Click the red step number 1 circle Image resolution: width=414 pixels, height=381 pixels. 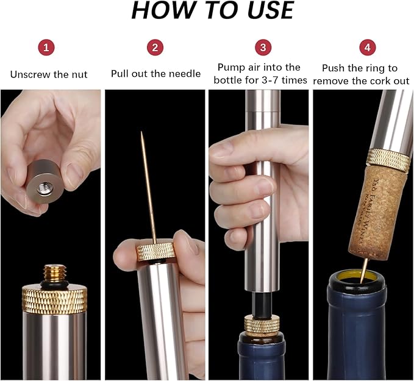click(49, 47)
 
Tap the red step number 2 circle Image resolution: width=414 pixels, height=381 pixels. click(155, 47)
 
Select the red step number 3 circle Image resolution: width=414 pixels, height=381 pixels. click(262, 47)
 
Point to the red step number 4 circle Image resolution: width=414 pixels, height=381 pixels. click(367, 47)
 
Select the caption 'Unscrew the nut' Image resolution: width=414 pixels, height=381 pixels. click(49, 74)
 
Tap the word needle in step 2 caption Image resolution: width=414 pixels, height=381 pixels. click(185, 74)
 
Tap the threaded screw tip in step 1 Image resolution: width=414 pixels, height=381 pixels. click(52, 272)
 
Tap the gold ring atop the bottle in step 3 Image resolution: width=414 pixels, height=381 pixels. click(262, 324)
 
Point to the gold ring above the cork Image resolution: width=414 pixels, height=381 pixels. click(388, 159)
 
